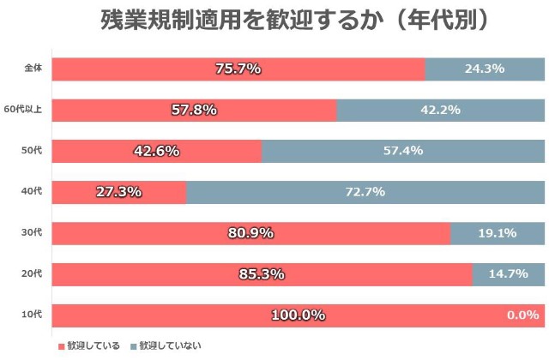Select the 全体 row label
33,69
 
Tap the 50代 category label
32,151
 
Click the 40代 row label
32,191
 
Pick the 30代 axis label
32,233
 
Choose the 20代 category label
32,274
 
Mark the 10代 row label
32,315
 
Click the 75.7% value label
238,69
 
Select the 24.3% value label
484,69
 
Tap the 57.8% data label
194,110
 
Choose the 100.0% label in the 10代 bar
298,315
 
